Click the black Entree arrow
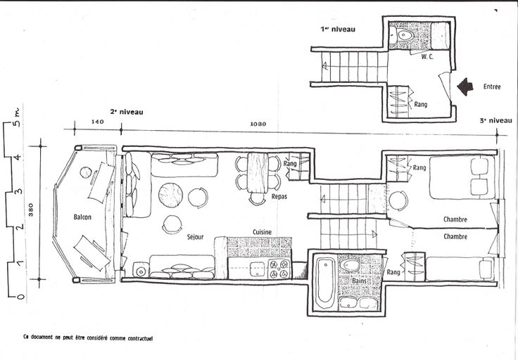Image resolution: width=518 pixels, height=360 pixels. point(465,86)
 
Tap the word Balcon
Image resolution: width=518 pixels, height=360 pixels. point(82,217)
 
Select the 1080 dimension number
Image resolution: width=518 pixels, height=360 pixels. point(258,124)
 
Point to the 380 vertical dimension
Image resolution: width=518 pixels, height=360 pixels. point(31,210)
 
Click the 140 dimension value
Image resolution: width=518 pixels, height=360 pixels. point(97,122)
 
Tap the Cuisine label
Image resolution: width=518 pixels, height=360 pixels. point(262,232)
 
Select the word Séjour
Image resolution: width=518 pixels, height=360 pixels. point(195,236)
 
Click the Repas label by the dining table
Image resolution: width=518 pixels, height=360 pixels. point(279,197)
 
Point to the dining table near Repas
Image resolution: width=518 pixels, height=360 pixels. point(258,172)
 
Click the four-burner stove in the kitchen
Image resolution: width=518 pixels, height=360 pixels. point(279,269)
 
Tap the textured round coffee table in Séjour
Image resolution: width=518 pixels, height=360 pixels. point(170,195)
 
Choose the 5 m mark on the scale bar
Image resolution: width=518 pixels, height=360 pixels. point(18,118)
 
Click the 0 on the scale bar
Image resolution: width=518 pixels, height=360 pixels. point(20,296)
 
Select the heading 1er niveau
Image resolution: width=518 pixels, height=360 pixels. point(338,29)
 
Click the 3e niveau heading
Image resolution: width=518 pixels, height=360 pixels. point(496,121)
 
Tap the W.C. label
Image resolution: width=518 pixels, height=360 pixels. point(427,57)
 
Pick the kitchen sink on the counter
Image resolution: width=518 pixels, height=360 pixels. point(257,269)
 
